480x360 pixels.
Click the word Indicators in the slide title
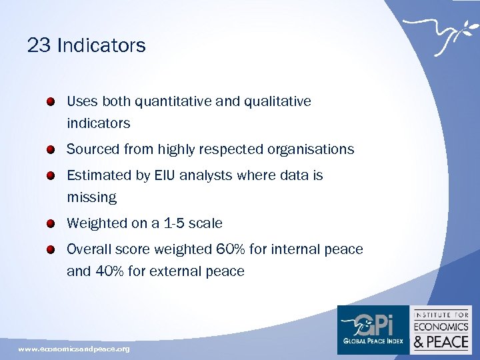click(x=101, y=45)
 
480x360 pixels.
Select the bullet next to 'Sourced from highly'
click(x=51, y=150)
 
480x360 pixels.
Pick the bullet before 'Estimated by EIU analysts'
click(x=51, y=176)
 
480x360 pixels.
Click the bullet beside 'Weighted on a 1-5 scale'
click(x=51, y=224)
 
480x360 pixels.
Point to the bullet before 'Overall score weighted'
click(x=51, y=250)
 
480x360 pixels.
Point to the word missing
click(x=91, y=198)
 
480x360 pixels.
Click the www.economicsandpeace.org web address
click(x=74, y=349)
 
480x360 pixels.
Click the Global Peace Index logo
click(x=373, y=329)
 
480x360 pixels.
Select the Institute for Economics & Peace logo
click(x=442, y=329)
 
